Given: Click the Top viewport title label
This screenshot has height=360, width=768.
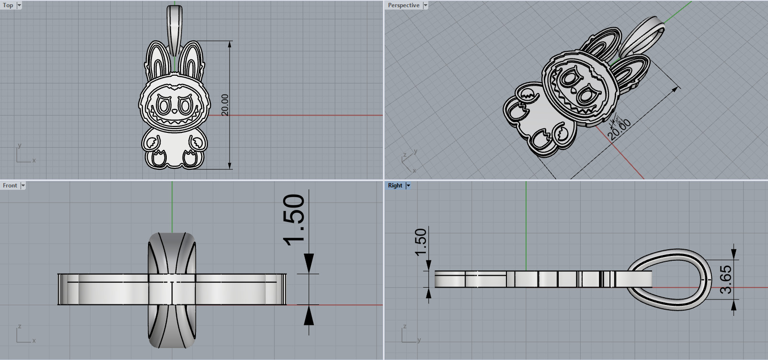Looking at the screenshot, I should point(8,5).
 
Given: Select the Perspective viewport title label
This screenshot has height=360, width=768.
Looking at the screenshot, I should point(403,5).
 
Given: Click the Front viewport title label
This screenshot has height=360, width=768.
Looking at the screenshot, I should point(10,186).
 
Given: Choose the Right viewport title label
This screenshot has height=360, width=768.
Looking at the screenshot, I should point(395,186).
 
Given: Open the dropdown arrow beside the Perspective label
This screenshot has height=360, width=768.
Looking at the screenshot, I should point(425,5).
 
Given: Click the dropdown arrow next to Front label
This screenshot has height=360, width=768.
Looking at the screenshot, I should point(23,186).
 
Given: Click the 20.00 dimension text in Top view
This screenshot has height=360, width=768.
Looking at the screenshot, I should point(225,105).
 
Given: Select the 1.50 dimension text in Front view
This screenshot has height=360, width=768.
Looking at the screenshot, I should point(294,220).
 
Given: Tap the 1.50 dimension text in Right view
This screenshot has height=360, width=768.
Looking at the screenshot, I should point(420,242).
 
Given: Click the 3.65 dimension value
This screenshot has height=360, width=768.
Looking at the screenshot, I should point(726,279).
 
